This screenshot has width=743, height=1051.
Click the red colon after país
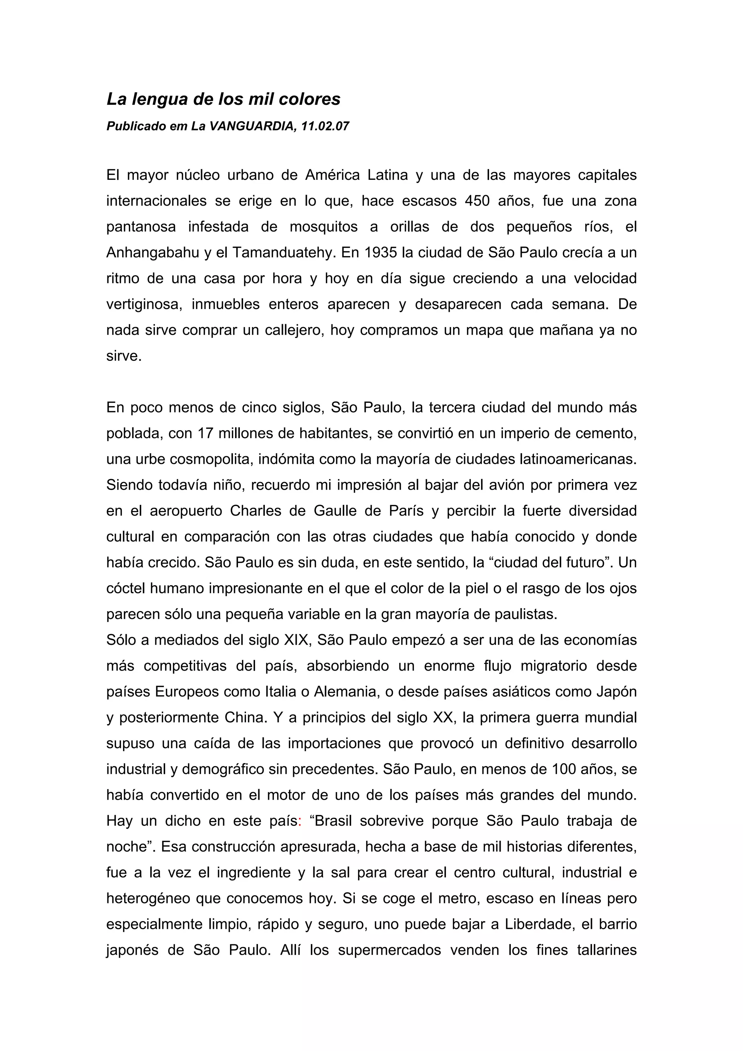point(299,821)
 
